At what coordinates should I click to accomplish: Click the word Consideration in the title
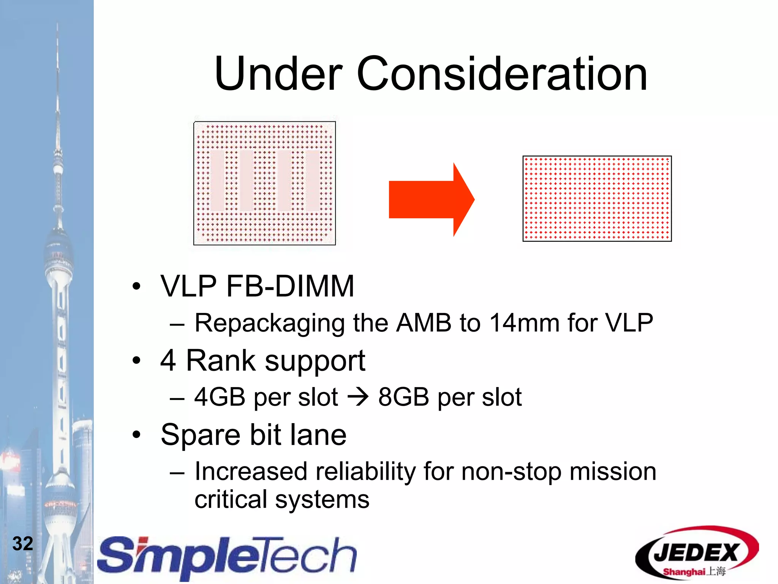(501, 74)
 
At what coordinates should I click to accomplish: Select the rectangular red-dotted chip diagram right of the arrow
(597, 198)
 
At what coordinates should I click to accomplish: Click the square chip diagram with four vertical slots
(264, 183)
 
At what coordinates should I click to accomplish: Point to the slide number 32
(23, 543)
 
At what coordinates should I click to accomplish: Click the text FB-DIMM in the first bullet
(290, 286)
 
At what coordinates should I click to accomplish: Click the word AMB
(424, 323)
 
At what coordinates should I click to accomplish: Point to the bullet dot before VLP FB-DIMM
(136, 286)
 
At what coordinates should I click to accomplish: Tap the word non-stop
(511, 471)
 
